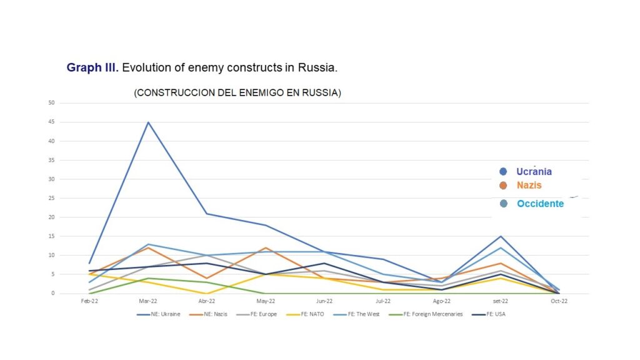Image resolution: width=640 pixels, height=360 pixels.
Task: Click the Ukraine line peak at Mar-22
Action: pos(148,122)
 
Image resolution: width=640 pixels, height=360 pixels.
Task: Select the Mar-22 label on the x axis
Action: pos(148,301)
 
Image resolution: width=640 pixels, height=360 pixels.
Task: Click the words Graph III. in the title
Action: pos(92,67)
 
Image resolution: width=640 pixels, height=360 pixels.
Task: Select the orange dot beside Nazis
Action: pos(504,186)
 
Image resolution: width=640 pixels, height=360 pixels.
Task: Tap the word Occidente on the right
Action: pos(540,204)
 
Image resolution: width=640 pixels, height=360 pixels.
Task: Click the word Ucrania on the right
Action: pos(534,172)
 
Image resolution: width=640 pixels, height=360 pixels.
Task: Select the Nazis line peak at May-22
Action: pos(266,248)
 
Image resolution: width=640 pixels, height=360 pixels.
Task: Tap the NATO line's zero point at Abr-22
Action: pos(207,293)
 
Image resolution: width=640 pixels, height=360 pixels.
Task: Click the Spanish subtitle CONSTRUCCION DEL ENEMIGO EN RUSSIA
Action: pos(237,92)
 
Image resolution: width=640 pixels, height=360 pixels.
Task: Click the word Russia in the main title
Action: pos(321,67)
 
